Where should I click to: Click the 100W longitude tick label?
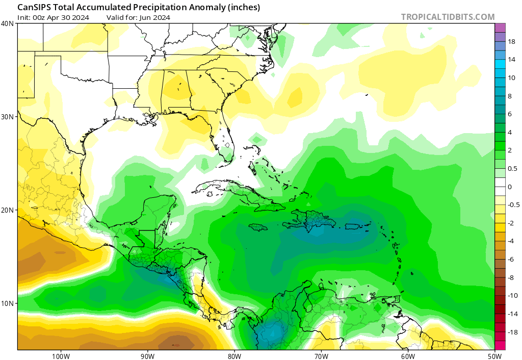pyautogui.click(x=61, y=356)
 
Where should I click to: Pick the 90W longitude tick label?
pyautogui.click(x=147, y=356)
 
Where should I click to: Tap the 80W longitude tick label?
pyautogui.click(x=234, y=356)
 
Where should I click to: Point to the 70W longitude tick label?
pyautogui.click(x=321, y=356)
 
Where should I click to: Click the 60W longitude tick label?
pyautogui.click(x=408, y=356)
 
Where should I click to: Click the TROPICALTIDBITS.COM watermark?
pyautogui.click(x=448, y=17)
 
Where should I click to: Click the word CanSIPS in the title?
pyautogui.click(x=34, y=7)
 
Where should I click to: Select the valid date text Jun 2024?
pyautogui.click(x=154, y=17)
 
